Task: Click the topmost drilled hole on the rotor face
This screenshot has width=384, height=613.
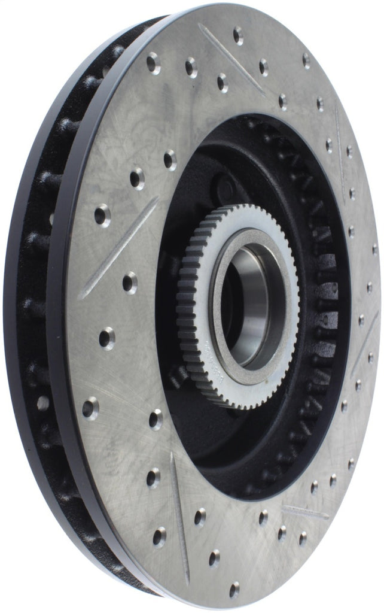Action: [x=238, y=35]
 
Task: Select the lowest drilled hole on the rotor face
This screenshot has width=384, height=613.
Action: [x=234, y=590]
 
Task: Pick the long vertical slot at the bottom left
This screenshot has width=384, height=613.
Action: [x=179, y=515]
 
